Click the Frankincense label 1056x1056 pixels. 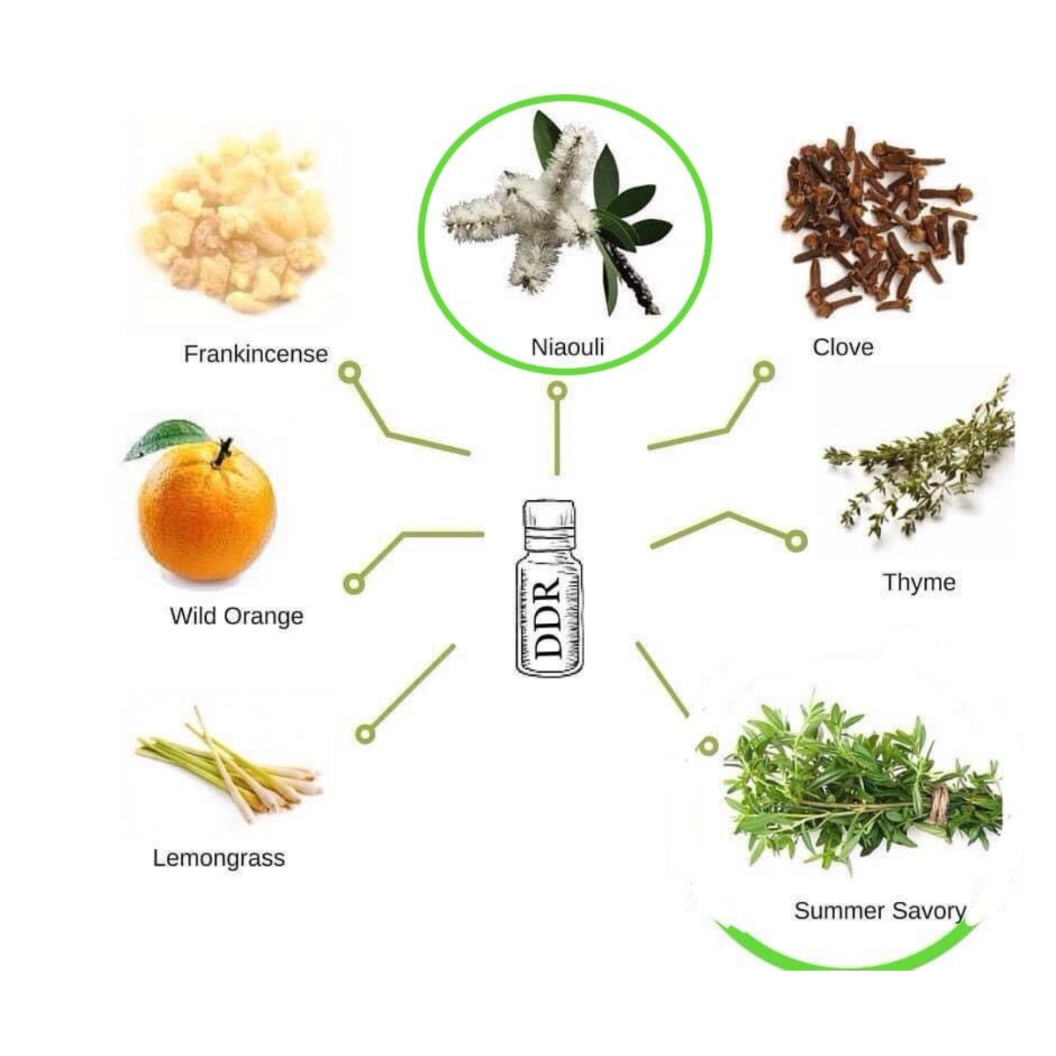pos(256,354)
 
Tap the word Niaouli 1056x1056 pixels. pos(568,347)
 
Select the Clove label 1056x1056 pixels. pos(843,347)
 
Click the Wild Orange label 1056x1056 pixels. pos(237,616)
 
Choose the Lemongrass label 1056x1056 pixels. pos(218,858)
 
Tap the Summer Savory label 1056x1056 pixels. pos(879,911)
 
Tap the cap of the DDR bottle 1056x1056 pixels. pos(550,515)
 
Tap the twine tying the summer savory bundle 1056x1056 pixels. pos(937,805)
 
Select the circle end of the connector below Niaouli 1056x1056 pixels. pos(557,391)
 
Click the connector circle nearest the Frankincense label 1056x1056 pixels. pos(351,372)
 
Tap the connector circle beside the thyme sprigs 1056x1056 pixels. pos(796,541)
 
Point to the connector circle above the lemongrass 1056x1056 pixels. pos(365,734)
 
